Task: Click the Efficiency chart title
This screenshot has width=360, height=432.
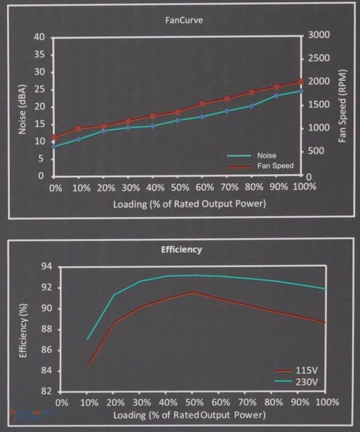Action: (x=182, y=249)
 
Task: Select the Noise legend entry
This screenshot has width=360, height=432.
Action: (x=266, y=155)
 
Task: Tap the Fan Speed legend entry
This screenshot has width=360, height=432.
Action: (x=275, y=165)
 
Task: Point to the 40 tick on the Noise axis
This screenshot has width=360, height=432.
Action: (x=40, y=37)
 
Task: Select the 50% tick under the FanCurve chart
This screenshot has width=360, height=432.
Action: (x=178, y=188)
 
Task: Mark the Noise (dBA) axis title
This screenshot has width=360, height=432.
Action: (x=22, y=106)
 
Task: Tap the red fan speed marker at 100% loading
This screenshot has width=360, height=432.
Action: (x=301, y=82)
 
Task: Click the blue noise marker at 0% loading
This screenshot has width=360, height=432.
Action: (x=54, y=146)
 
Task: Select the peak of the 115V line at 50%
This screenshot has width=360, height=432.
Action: (x=193, y=292)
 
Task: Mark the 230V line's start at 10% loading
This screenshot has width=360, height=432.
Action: (x=88, y=339)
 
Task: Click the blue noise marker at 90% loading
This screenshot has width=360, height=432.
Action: (x=277, y=95)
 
